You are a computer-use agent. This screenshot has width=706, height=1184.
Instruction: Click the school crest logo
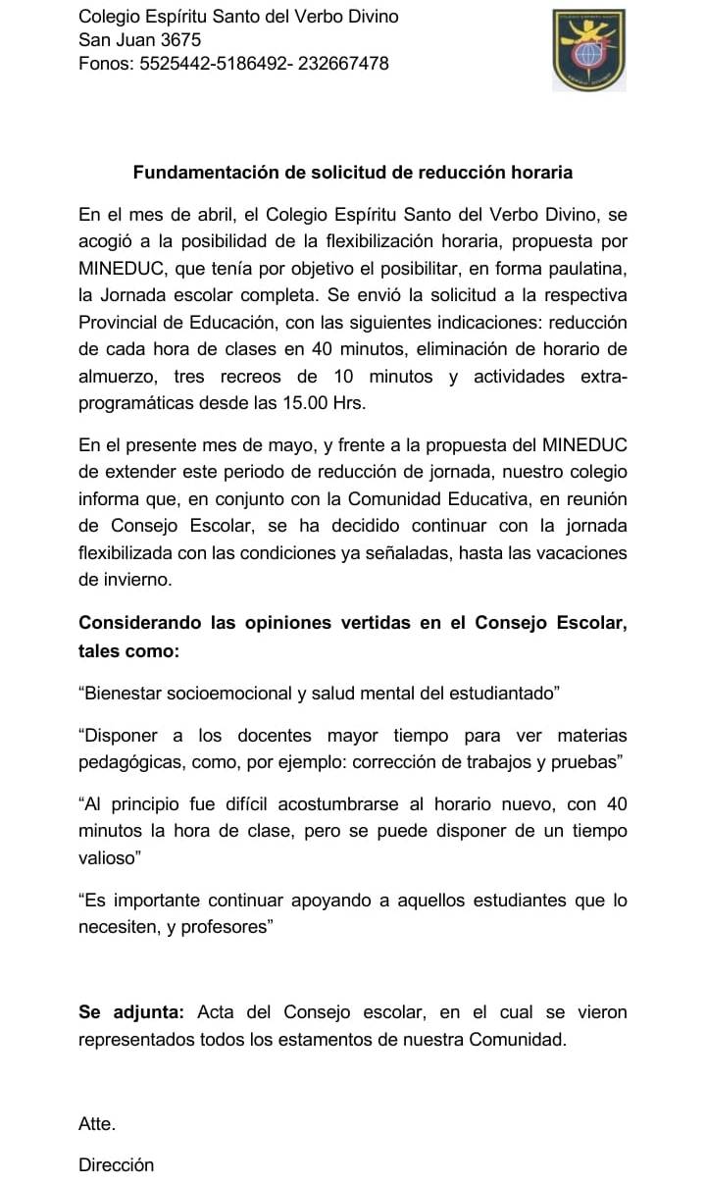(587, 50)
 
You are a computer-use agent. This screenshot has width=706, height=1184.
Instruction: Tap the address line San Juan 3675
(139, 40)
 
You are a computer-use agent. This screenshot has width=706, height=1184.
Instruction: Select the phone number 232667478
(343, 64)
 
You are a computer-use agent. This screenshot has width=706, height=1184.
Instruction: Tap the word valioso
(107, 857)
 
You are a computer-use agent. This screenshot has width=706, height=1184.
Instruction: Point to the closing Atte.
(97, 1124)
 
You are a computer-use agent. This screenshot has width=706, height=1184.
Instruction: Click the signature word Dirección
(117, 1165)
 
